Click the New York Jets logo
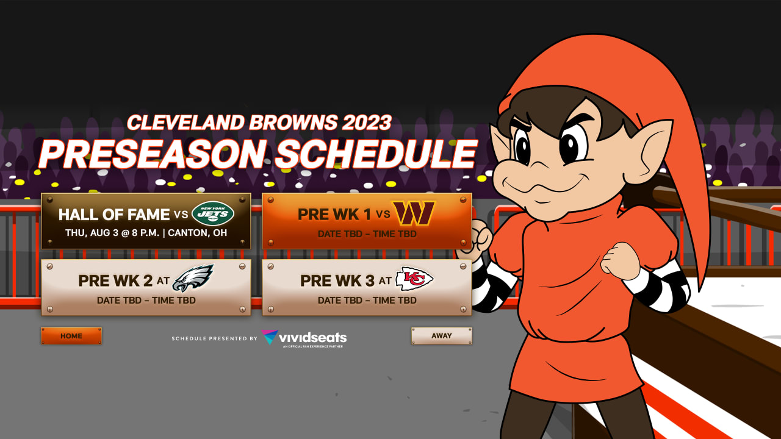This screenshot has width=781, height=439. tap(213, 213)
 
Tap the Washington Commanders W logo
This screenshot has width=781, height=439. tap(414, 213)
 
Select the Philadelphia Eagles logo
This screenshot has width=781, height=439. tap(193, 278)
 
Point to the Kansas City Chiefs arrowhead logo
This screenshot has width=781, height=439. tap(414, 279)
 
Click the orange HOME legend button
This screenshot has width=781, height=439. tap(71, 336)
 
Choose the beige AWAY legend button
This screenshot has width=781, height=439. tap(442, 335)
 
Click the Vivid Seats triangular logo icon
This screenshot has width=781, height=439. tap(270, 337)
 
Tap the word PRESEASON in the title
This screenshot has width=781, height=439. tap(153, 154)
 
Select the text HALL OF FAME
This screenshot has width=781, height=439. tap(114, 215)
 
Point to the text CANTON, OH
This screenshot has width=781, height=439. tap(197, 233)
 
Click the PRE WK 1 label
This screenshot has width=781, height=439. tap(334, 215)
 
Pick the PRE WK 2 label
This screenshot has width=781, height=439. tap(115, 281)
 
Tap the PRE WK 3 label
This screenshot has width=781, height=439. tap(337, 281)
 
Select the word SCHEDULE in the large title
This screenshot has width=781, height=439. tap(376, 154)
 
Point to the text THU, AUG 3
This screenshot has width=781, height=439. tap(92, 233)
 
